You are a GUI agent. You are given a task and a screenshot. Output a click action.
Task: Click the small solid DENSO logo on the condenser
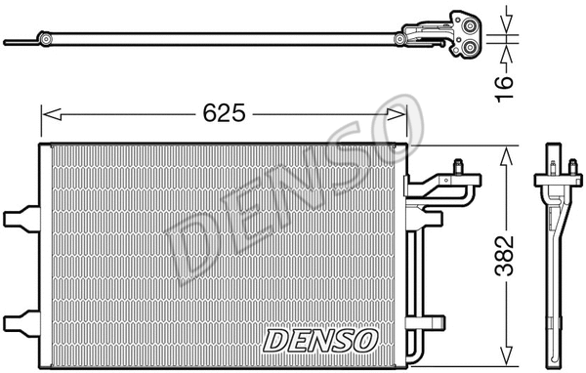[x=320, y=338]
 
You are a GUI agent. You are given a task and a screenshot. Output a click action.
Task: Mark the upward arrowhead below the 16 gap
[x=504, y=50]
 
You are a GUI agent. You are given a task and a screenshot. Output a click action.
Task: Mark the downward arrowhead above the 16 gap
[x=504, y=27]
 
